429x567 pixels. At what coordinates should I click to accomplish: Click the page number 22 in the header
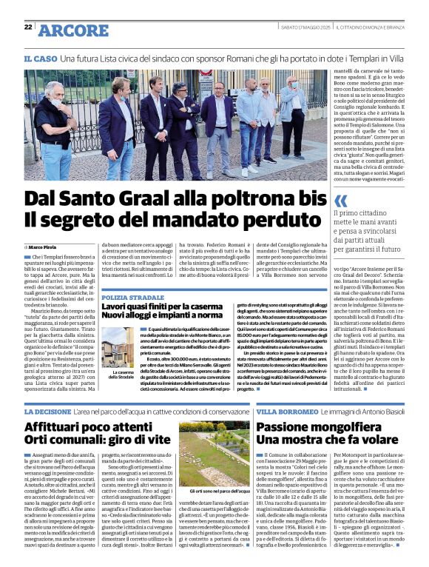point(28,27)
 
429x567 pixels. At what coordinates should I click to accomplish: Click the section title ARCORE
point(72,30)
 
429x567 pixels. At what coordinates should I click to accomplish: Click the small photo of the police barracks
point(121,348)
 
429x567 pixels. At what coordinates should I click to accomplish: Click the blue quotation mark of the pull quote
point(340,201)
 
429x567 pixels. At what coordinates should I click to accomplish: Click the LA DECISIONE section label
point(48,411)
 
